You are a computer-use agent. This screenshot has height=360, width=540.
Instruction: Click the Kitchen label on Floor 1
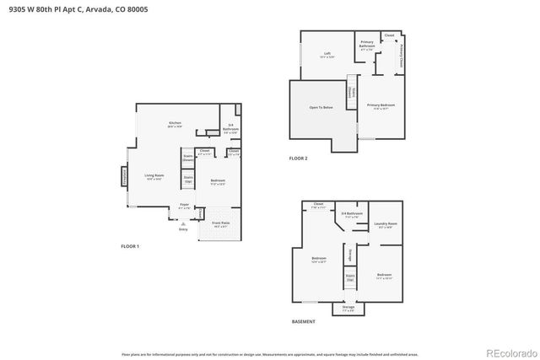point(175,124)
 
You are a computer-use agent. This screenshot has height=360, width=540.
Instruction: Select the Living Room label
point(154,176)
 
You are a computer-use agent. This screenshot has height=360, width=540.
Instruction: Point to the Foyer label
point(183,207)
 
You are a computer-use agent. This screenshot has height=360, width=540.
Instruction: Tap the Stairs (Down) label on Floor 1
point(188,158)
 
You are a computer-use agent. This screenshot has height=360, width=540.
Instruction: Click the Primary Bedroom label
point(381,106)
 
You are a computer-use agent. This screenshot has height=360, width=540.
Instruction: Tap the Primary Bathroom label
point(367,44)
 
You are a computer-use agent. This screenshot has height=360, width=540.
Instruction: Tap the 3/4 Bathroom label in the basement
point(352,216)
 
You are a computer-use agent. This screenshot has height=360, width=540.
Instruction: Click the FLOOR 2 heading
point(299,159)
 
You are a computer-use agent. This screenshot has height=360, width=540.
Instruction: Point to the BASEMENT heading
point(304,321)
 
